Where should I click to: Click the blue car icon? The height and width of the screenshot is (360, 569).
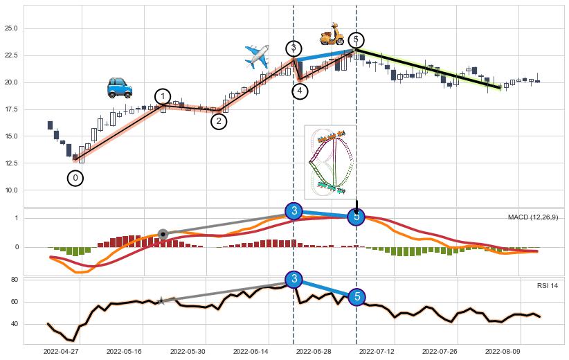[120, 88]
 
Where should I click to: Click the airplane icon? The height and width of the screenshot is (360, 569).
[257, 56]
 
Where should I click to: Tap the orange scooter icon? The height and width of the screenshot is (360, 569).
[332, 34]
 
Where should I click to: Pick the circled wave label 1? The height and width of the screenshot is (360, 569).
[163, 96]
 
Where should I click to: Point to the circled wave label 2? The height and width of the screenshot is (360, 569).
[219, 121]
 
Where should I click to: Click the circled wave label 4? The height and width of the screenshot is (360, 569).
[300, 91]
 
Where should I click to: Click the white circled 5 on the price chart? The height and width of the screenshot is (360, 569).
[356, 40]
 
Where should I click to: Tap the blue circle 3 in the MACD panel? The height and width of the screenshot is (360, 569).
[294, 210]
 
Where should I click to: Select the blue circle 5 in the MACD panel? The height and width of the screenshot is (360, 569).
[356, 217]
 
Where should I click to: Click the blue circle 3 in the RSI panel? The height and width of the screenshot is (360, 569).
[294, 279]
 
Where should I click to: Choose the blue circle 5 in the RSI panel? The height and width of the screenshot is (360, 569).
[356, 296]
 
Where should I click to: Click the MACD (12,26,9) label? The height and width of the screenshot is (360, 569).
[533, 217]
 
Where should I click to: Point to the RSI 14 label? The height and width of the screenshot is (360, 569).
[548, 286]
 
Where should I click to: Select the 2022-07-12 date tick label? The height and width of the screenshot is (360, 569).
[379, 352]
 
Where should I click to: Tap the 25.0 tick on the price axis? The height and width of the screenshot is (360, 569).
[10, 28]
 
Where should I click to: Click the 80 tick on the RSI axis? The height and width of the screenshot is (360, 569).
[13, 280]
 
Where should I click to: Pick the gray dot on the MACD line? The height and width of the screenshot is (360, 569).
[163, 234]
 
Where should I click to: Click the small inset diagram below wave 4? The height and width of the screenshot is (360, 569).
[329, 161]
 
